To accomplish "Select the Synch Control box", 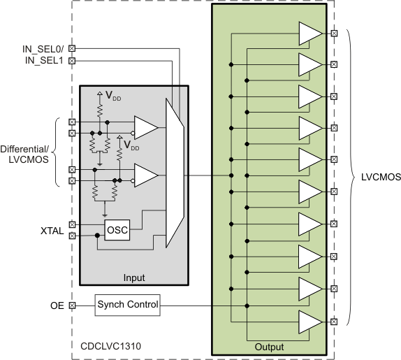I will [x=128, y=305].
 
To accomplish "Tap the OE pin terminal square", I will [x=72, y=305].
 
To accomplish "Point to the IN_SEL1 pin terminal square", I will [x=72, y=59].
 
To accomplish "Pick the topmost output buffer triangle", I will [x=308, y=33].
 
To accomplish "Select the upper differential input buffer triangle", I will [x=145, y=128].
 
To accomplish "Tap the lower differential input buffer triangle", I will [x=145, y=175].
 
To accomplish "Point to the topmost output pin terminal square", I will [x=334, y=33].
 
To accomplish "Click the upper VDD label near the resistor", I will [x=113, y=94].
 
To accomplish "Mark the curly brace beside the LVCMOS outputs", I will [x=347, y=178].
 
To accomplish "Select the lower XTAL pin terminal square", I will [x=72, y=236].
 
